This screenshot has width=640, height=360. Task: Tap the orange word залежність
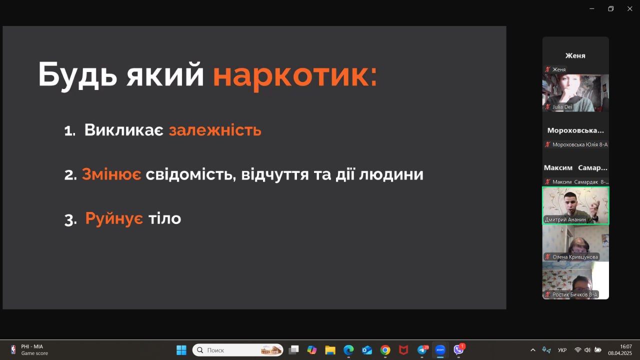tap(215, 130)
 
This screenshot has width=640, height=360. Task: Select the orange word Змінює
tap(111, 174)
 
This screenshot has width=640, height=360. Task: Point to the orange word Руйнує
tap(114, 218)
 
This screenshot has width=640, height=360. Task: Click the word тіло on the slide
tap(164, 218)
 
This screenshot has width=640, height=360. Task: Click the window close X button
tap(629, 9)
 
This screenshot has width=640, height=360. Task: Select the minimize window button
tap(592, 9)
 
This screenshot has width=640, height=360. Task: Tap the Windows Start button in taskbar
tap(181, 350)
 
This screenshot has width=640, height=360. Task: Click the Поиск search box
tap(237, 350)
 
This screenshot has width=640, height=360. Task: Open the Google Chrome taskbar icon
tap(385, 350)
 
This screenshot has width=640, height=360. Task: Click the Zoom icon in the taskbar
tap(440, 350)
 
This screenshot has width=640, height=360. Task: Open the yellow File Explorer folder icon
tap(330, 350)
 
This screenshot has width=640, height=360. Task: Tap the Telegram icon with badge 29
tap(422, 350)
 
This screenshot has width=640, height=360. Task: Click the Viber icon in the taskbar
tap(458, 349)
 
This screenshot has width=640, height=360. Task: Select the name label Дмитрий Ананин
tap(565, 219)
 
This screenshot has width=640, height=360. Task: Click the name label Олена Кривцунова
tap(575, 257)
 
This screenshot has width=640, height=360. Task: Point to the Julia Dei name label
tap(562, 107)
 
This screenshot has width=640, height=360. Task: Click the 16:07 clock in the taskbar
tap(625, 346)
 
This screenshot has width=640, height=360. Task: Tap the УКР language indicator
tap(562, 350)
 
